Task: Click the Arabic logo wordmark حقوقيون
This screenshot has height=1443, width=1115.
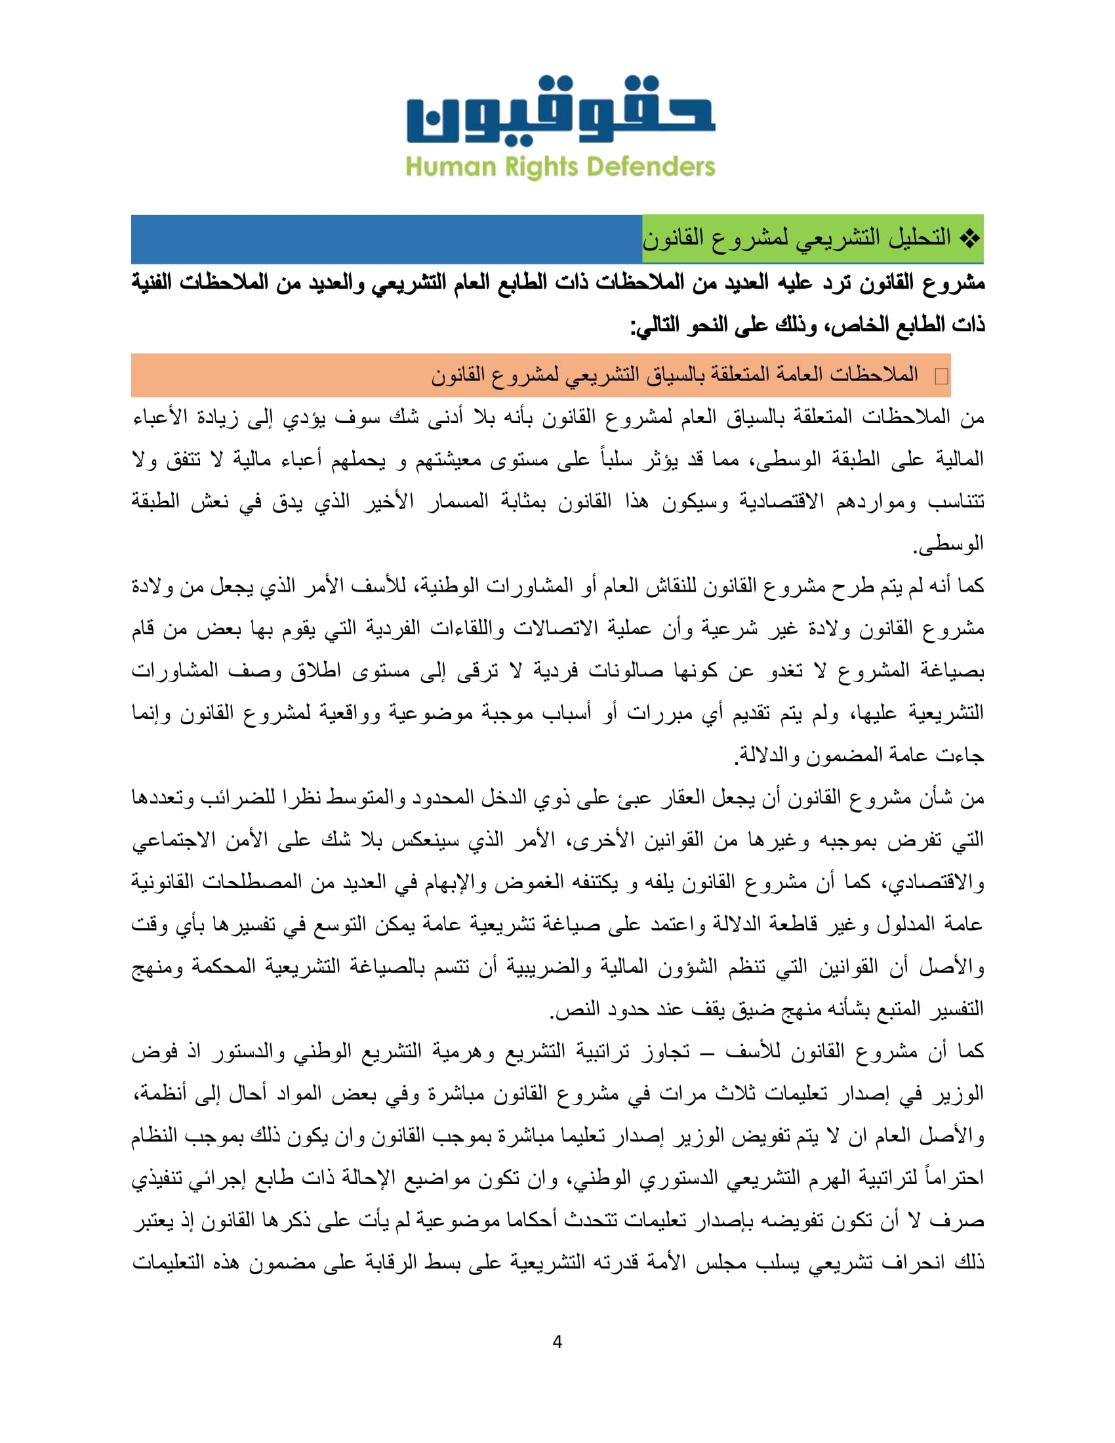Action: point(560,111)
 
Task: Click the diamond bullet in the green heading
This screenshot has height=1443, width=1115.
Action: point(969,238)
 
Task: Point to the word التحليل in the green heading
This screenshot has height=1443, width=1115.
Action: point(915,238)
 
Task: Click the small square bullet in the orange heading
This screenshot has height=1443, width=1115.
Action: point(941,376)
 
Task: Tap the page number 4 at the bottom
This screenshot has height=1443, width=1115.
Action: point(557,1342)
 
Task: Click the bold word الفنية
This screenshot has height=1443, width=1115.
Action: point(159,283)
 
